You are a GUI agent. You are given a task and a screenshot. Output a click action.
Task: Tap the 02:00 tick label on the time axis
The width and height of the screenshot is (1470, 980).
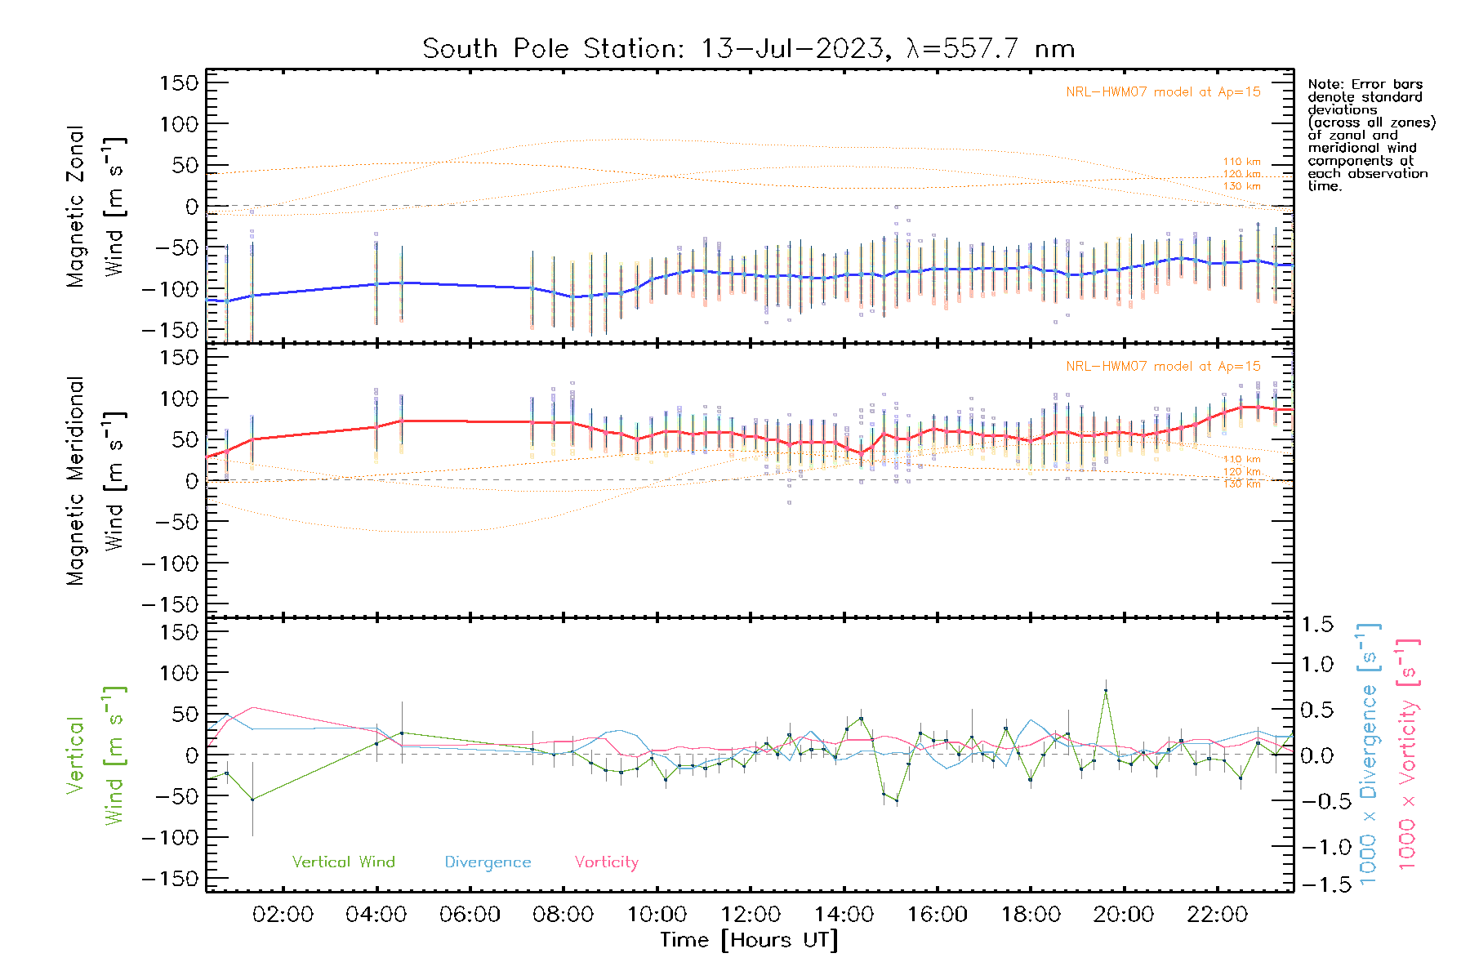point(283,915)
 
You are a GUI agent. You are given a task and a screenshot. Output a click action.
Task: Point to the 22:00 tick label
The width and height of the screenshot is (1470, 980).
point(1217,915)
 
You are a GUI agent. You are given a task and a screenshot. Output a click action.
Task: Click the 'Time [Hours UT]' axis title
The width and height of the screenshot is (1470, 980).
point(749,940)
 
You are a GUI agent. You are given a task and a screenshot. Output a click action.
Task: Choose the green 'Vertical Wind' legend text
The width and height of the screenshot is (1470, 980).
point(343,862)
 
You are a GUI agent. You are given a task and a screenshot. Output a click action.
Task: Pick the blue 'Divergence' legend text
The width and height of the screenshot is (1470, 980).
point(488,862)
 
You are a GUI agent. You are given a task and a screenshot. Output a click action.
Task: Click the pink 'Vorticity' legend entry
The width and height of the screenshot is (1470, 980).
point(606,862)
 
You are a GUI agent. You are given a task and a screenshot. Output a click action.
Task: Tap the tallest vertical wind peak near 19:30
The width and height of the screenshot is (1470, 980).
point(1106,691)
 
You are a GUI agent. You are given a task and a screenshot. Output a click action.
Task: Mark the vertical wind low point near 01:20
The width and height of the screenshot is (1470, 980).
point(252,800)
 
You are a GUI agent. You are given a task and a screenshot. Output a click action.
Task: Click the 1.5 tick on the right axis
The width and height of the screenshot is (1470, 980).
point(1316,625)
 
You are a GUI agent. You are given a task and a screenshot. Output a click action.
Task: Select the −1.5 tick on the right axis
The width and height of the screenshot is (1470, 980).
point(1316,884)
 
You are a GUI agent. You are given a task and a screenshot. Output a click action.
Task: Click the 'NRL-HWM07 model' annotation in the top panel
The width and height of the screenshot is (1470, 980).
point(1163,92)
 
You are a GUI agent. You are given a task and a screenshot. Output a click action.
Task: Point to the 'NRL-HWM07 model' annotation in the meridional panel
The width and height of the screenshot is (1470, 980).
point(1163,367)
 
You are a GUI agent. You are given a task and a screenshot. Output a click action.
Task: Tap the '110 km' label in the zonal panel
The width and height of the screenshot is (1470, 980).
point(1241,162)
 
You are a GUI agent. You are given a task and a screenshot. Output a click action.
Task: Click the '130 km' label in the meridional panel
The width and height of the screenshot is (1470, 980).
point(1241,484)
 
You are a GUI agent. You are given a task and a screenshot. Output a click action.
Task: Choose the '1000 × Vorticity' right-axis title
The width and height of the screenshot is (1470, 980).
point(1407,754)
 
